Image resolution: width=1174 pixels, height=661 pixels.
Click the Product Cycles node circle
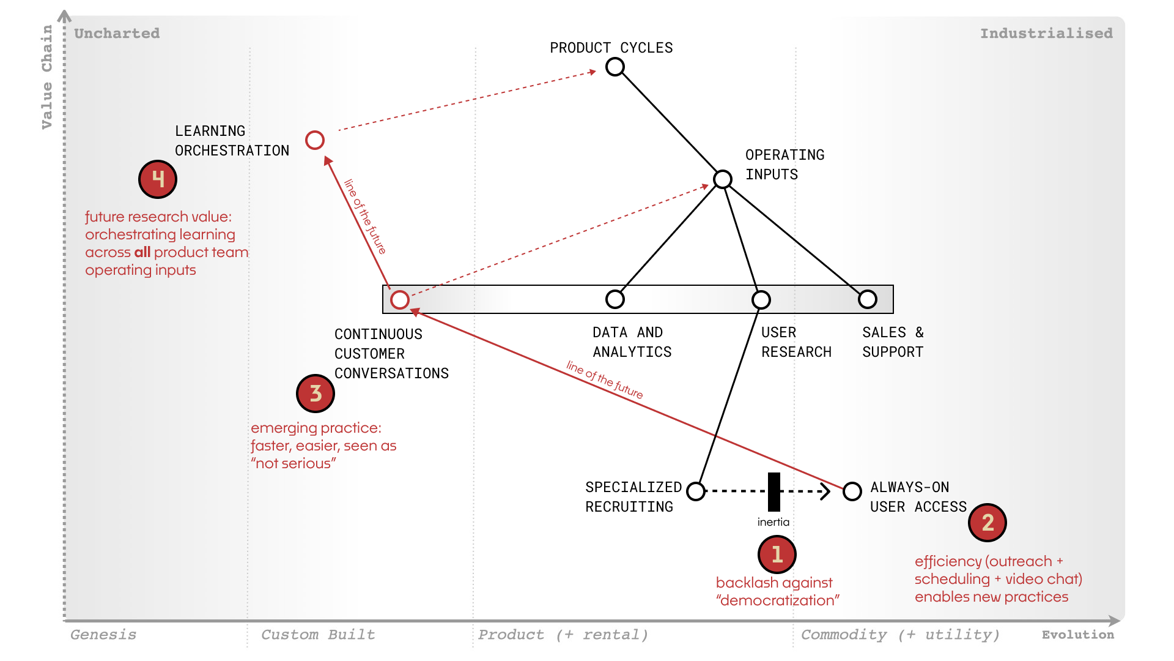615,67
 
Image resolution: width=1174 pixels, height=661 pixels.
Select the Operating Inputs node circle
723,179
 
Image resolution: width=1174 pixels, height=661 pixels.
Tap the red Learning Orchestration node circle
315,140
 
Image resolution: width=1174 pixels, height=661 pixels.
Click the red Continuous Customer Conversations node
400,300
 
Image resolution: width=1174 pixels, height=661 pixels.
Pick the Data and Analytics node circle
615,299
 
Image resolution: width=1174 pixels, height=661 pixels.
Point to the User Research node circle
761,300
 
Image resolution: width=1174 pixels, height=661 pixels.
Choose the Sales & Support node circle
868,299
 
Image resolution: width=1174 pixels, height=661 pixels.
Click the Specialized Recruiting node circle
696,491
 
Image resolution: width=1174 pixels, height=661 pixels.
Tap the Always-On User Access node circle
852,491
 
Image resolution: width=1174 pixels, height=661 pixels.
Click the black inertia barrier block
774,491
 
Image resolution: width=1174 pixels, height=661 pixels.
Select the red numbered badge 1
777,555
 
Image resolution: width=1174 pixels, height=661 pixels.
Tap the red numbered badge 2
988,523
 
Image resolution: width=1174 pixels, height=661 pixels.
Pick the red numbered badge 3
316,394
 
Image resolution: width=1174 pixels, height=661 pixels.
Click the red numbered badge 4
158,179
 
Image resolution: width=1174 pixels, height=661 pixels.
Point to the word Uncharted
117,34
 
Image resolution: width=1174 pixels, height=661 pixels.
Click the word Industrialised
1046,34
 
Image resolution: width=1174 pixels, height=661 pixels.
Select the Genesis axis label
103,635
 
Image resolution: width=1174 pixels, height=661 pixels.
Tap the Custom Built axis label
318,635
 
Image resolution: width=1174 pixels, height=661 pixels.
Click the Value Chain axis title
47,77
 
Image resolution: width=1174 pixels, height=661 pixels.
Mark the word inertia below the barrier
773,522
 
